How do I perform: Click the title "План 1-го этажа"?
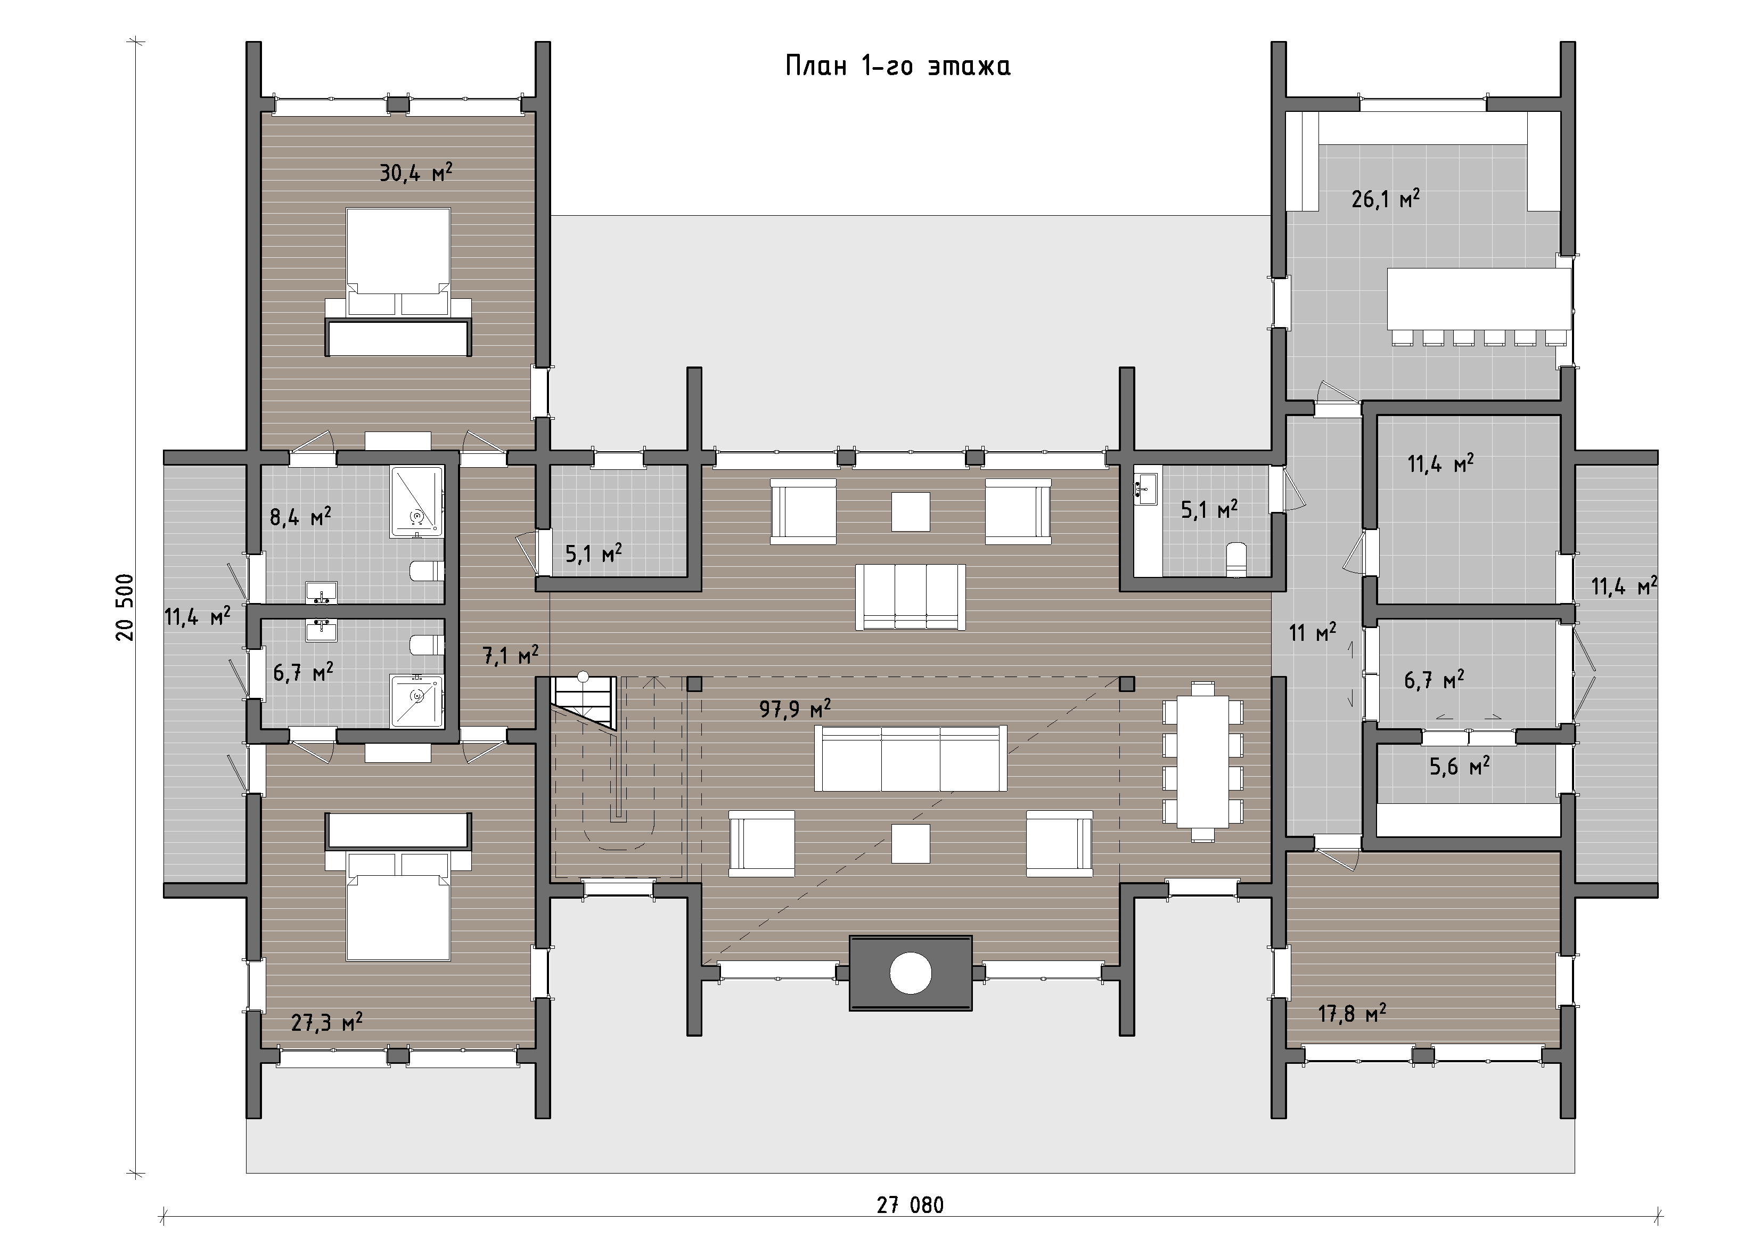(897, 66)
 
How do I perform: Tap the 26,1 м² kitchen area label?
(1385, 199)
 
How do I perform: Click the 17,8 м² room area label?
(1352, 1014)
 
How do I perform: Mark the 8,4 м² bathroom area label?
(300, 516)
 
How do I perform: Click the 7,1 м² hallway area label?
(510, 655)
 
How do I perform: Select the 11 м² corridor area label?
(1312, 632)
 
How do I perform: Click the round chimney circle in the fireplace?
(911, 973)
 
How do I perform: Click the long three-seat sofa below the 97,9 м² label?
(911, 758)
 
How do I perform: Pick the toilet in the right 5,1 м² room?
(1236, 559)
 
